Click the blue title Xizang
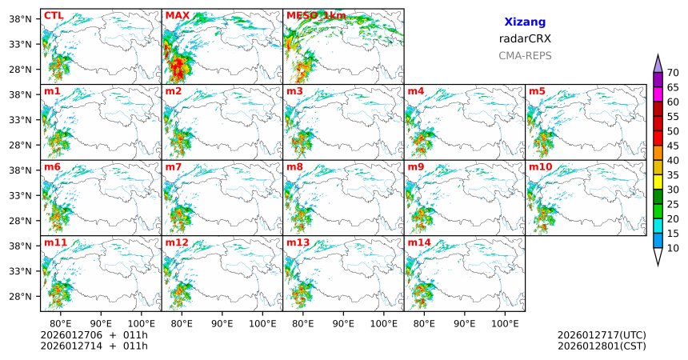525,23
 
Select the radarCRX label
525,39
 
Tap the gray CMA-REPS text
525,56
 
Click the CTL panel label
54,15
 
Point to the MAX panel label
177,15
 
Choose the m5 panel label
537,91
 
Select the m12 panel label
177,242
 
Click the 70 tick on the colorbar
673,73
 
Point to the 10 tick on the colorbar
673,249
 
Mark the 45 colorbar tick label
673,146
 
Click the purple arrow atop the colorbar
658,63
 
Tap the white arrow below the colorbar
658,257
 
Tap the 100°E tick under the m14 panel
505,324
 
